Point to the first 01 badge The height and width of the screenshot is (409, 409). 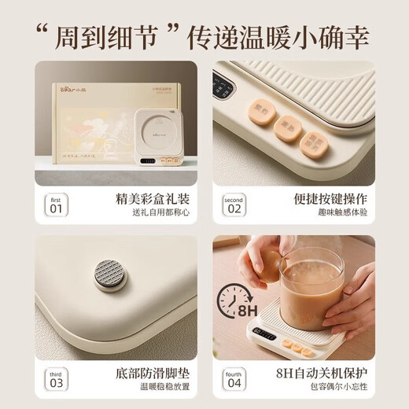tap(55, 204)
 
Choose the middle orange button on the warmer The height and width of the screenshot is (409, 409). tap(289, 126)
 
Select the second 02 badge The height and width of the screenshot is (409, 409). tap(234, 204)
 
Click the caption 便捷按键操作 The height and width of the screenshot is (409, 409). tap(328, 200)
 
